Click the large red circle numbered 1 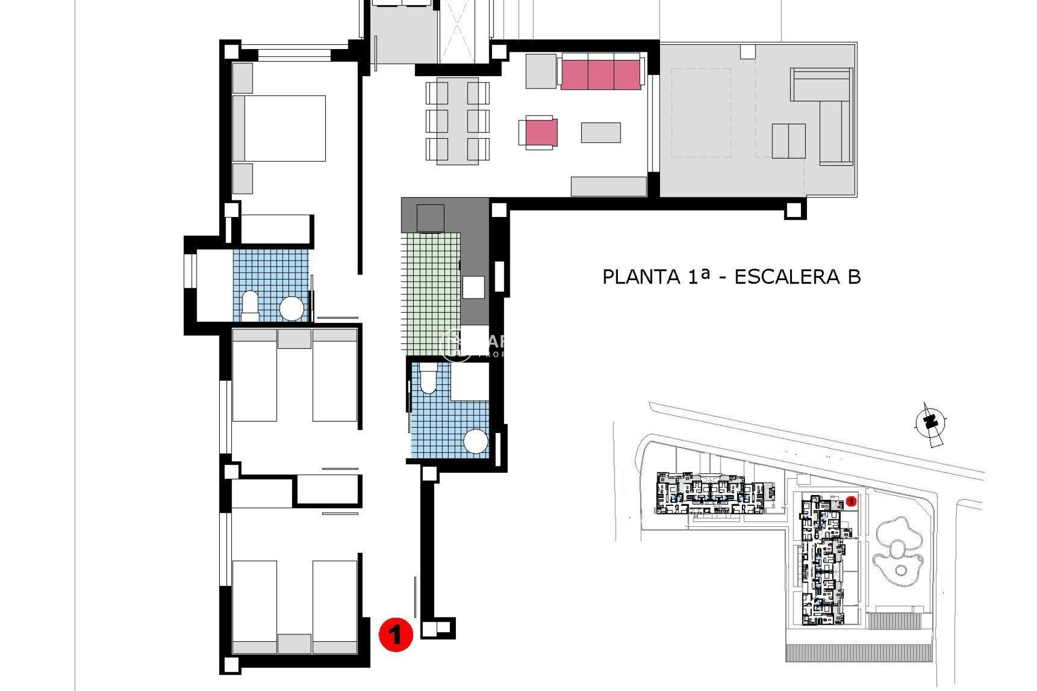[395, 634]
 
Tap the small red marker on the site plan [851, 502]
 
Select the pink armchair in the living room [541, 133]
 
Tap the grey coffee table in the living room [601, 133]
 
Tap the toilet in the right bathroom [428, 378]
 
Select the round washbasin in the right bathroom [476, 441]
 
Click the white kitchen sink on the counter [473, 287]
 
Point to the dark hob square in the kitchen [430, 219]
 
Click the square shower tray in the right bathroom [469, 381]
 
